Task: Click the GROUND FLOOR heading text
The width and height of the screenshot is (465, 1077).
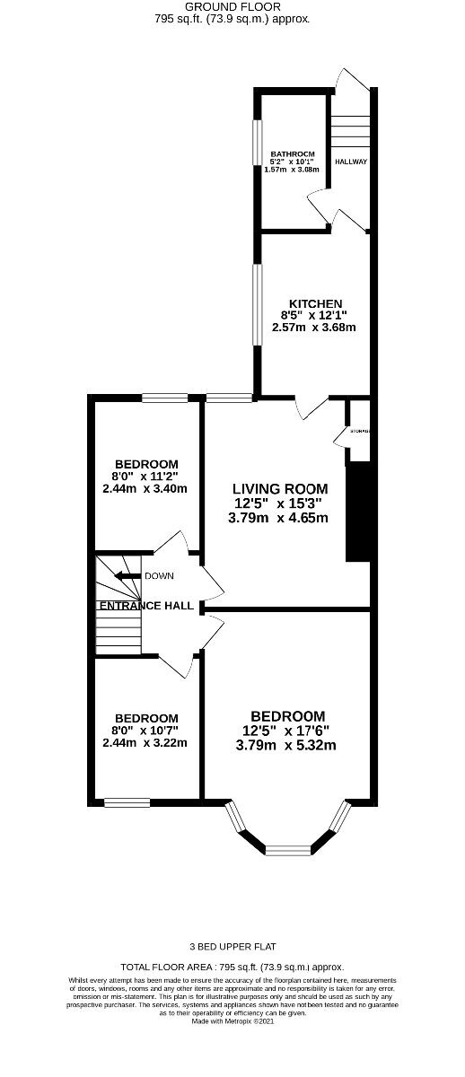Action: [x=232, y=6]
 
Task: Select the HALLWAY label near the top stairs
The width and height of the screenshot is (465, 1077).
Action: [x=350, y=162]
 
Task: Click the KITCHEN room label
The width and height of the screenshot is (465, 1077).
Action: [x=314, y=303]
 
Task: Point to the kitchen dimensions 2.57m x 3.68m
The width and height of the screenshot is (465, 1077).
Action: [x=314, y=328]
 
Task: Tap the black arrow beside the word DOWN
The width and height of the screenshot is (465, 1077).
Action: [x=127, y=576]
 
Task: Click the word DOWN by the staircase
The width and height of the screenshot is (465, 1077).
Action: [x=158, y=576]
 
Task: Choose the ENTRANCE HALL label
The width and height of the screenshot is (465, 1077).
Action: [x=145, y=606]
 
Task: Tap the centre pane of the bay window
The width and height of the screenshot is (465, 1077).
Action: [x=288, y=848]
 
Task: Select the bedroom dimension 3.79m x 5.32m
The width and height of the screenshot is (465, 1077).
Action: [x=285, y=745]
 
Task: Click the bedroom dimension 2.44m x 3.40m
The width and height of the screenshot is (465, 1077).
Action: [x=145, y=489]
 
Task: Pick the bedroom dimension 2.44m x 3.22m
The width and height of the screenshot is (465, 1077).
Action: [x=145, y=743]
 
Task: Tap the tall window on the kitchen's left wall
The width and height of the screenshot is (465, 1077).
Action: [x=256, y=314]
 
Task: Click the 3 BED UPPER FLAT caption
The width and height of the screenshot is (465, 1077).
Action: [x=232, y=946]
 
